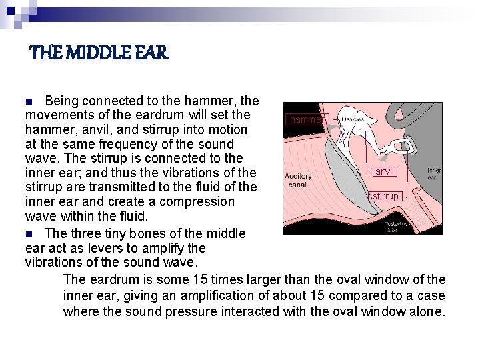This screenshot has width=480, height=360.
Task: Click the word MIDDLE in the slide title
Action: pos(96,53)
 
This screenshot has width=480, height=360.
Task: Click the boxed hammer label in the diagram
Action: pos(306,119)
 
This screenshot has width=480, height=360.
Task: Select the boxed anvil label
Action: pos(385,171)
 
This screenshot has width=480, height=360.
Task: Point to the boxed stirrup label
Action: pos(386,196)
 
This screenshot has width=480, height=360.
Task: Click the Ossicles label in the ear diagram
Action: pos(353,119)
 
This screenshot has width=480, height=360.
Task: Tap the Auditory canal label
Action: pos(297,180)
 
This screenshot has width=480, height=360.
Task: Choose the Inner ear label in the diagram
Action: pos(434,174)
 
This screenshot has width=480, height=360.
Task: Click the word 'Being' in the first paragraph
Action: pos(62,101)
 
